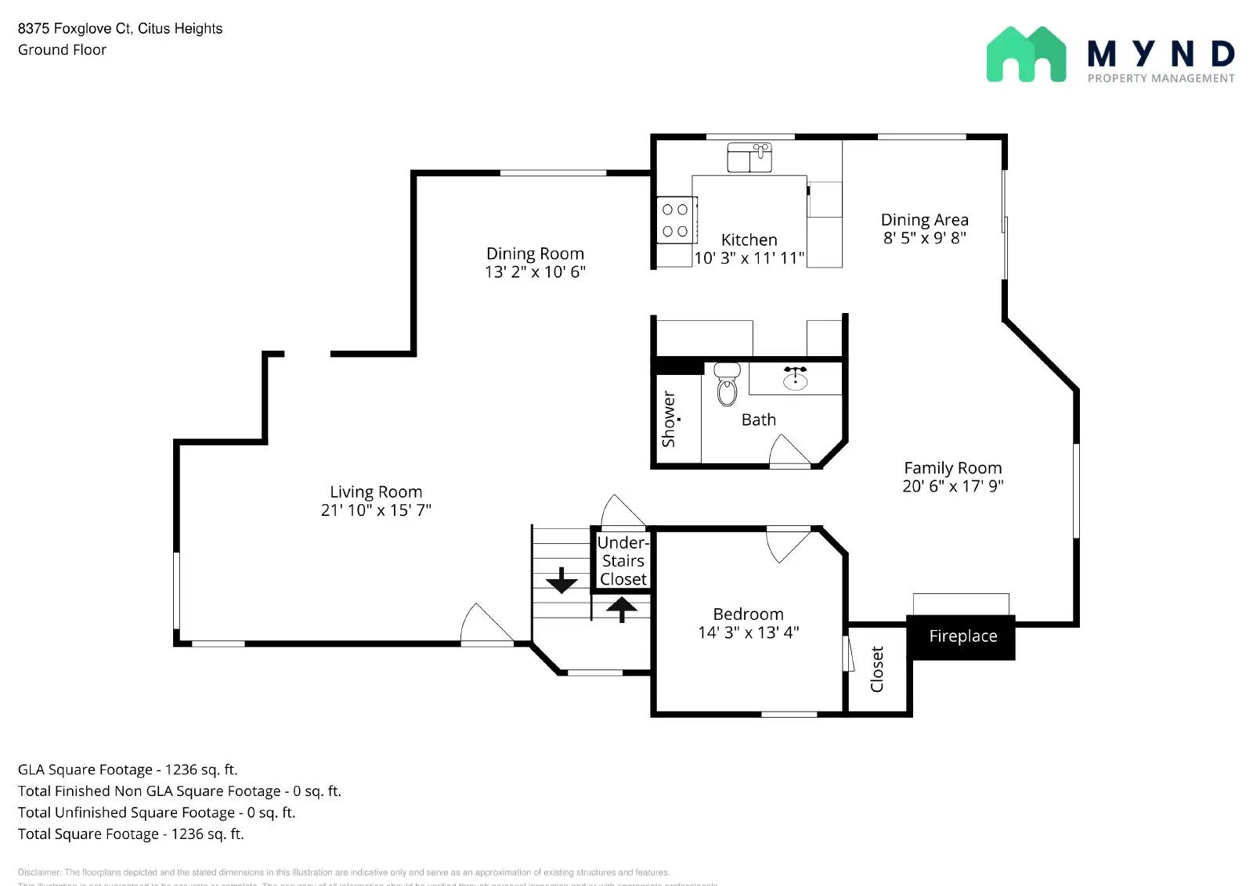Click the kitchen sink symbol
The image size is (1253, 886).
click(x=749, y=157)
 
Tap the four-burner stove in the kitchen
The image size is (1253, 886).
click(x=675, y=221)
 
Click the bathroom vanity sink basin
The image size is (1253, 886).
click(x=795, y=380)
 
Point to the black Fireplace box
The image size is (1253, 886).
click(x=962, y=636)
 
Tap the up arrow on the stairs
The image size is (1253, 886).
click(x=622, y=608)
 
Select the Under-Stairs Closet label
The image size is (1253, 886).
click(x=623, y=560)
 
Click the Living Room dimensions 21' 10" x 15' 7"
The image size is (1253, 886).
click(x=376, y=510)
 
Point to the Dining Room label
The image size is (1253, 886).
click(x=535, y=254)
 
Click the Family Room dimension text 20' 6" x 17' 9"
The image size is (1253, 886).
click(x=952, y=486)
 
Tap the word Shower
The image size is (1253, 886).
click(x=669, y=420)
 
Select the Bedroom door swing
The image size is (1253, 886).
click(x=785, y=546)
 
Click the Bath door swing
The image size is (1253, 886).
click(x=788, y=452)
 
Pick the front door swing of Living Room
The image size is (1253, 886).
click(x=485, y=625)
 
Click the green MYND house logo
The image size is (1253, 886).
click(x=1026, y=55)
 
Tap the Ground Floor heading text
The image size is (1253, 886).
click(x=62, y=50)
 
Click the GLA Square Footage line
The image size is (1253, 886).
click(x=128, y=769)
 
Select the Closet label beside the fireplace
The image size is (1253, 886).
click(x=877, y=669)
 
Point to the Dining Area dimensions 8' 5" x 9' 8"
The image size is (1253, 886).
click(x=924, y=238)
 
